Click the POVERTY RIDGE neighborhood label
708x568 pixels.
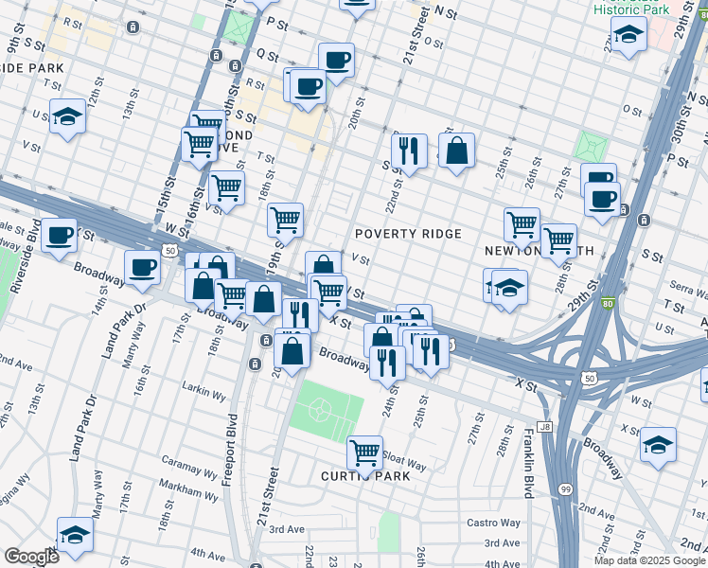coord(408,234)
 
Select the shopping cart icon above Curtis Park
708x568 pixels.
coord(364,452)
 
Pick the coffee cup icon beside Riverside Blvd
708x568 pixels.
coord(59,234)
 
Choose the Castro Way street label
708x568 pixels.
coord(493,523)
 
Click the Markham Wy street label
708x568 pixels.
coord(188,491)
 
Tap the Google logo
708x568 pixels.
coord(31,556)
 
